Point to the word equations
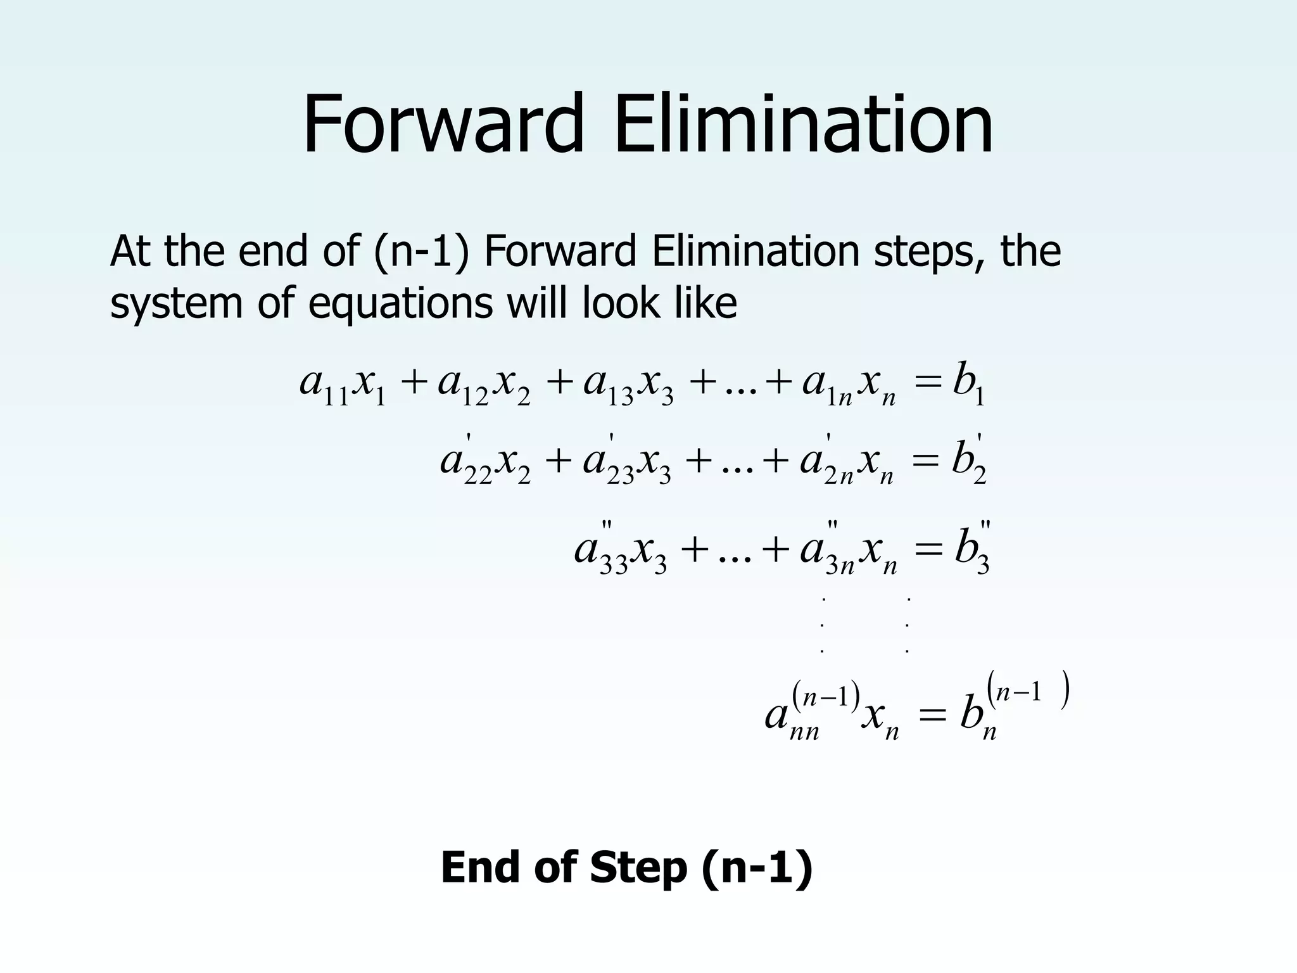coord(400,304)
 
